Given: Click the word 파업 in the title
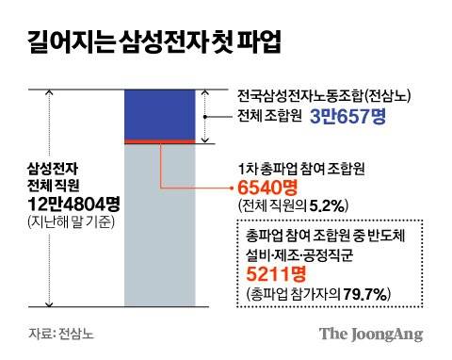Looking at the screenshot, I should [x=256, y=42].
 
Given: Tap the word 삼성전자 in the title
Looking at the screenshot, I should [x=160, y=42].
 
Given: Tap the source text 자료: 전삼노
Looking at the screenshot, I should [x=61, y=334].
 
